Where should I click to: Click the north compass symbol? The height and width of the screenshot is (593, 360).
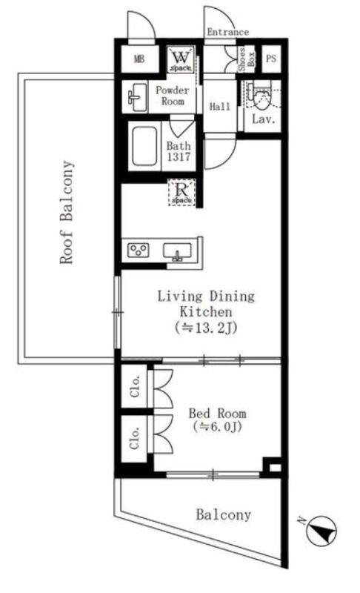tap(321, 530)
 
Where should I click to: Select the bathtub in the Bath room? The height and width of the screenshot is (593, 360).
tap(144, 145)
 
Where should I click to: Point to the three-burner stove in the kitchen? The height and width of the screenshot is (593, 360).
tap(138, 250)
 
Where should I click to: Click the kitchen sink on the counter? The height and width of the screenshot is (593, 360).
tap(177, 251)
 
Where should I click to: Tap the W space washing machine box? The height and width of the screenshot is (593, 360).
tap(181, 59)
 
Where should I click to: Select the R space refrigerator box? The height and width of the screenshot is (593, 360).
tap(181, 193)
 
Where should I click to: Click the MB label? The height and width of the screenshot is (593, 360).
tap(139, 59)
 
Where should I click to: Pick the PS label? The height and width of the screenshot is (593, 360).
tap(271, 59)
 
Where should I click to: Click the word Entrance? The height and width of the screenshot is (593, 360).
tap(228, 32)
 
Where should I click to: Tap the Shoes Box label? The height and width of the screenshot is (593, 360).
tap(246, 59)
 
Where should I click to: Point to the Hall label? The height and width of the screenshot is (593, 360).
tap(220, 107)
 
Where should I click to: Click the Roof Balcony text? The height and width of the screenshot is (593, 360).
tap(67, 212)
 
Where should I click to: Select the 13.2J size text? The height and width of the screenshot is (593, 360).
tap(206, 328)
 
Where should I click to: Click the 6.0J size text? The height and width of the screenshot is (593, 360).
tap(216, 427)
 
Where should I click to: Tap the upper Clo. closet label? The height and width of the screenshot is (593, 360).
tap(135, 386)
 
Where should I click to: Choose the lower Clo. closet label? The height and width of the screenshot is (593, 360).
tap(135, 437)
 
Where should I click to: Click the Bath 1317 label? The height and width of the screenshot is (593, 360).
tap(179, 151)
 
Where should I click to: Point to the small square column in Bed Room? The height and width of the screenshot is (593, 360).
tap(272, 466)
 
